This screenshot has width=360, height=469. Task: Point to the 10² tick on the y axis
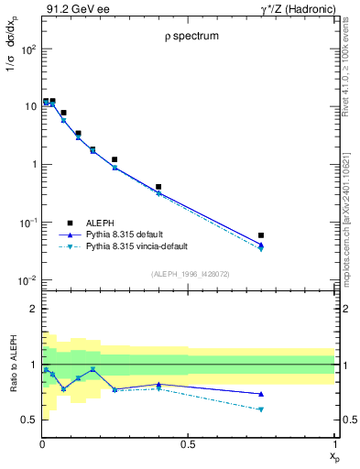click(27, 49)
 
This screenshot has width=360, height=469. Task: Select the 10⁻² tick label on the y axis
click(27, 280)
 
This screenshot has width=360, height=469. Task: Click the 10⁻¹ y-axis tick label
click(27, 223)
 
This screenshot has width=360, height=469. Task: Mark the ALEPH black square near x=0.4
click(158, 187)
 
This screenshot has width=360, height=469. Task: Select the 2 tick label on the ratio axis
click(32, 310)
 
